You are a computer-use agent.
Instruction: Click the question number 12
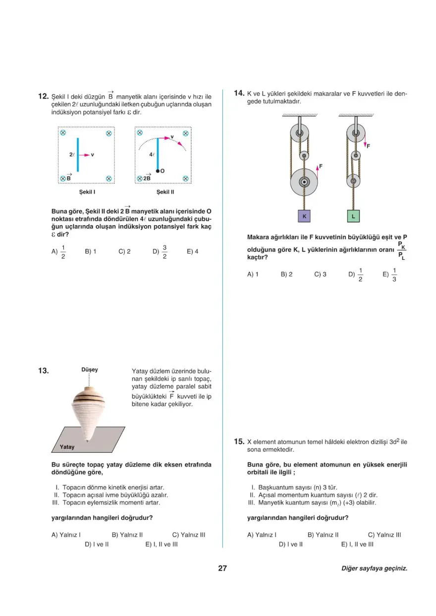(43, 96)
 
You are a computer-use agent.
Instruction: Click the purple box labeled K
(305, 217)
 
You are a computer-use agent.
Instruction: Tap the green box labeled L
(353, 217)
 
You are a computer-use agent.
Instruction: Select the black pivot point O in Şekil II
(158, 171)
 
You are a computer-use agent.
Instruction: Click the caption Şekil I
(87, 191)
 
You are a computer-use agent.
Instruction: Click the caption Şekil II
(165, 191)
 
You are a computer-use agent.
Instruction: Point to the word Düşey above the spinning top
(90, 370)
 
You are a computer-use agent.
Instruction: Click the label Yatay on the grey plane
(67, 447)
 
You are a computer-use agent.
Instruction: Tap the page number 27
(222, 568)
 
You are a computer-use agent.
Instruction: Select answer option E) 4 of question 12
(193, 251)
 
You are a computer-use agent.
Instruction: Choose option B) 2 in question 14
(286, 274)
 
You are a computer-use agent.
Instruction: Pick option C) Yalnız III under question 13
(189, 535)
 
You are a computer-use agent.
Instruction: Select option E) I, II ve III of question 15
(357, 544)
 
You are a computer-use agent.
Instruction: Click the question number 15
(239, 441)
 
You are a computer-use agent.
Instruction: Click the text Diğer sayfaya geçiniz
(374, 569)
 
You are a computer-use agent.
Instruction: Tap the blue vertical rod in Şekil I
(77, 155)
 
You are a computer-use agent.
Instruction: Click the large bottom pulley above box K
(304, 182)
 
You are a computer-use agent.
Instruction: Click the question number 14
(239, 93)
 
